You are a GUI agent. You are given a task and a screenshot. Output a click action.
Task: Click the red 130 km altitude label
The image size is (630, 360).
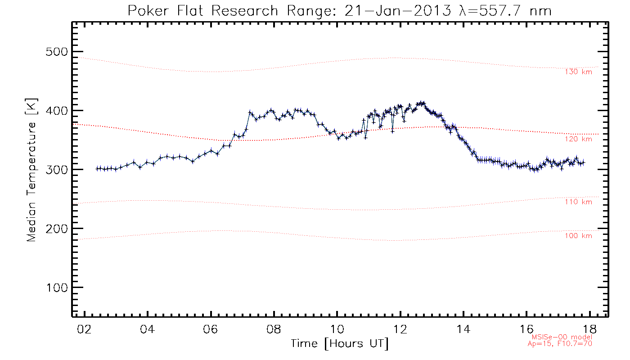[x=578, y=72]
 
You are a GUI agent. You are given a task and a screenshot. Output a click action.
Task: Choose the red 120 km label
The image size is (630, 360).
[x=578, y=139]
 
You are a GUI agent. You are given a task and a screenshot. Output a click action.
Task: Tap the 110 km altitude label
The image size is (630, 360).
[x=578, y=202]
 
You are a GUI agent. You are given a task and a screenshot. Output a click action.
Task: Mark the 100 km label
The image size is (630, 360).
[x=578, y=236]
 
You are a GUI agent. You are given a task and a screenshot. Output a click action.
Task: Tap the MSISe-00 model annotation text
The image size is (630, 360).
[x=562, y=337]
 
